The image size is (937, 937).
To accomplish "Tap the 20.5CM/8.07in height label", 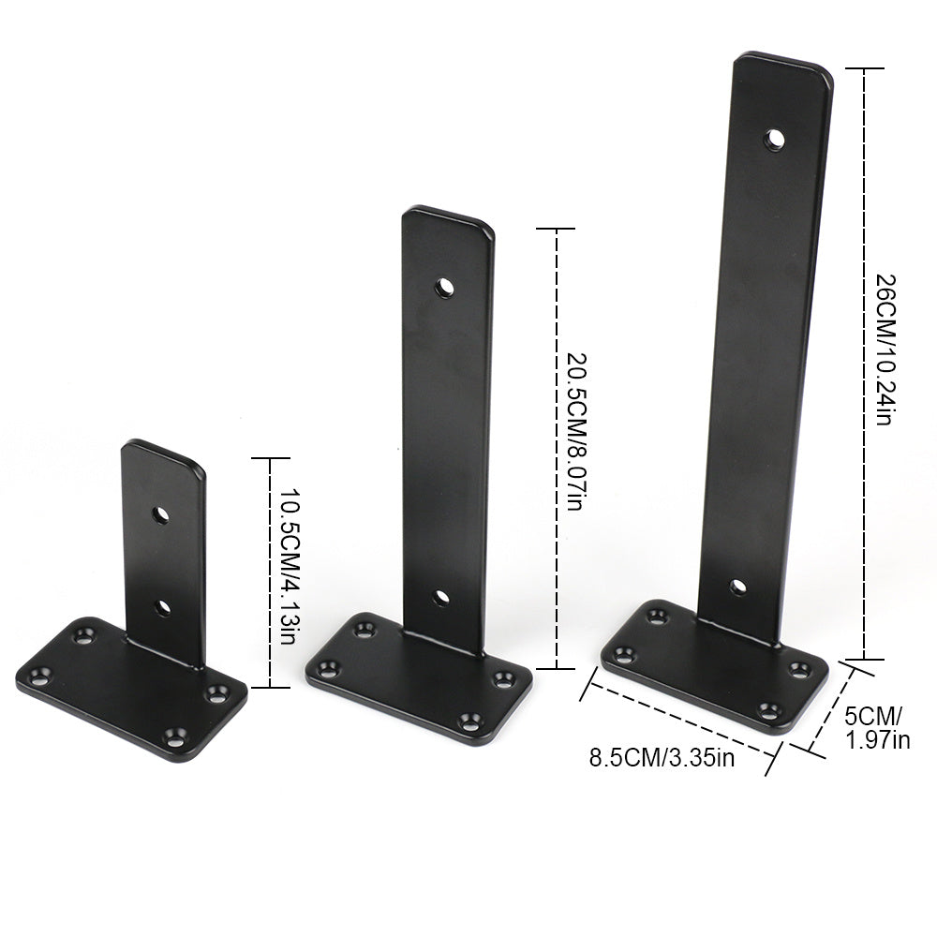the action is click(576, 431).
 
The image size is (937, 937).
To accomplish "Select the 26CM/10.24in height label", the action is click(885, 350).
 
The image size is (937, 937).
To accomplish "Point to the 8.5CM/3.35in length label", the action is click(662, 758).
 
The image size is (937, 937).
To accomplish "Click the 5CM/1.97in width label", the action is click(877, 728).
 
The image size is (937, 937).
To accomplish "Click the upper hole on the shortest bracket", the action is click(160, 514).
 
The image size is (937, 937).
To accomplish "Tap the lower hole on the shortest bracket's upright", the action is click(162, 608).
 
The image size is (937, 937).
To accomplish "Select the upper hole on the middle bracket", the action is click(444, 288).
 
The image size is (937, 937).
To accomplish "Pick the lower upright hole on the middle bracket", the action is click(441, 598).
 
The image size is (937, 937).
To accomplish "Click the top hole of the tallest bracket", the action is click(775, 140).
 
